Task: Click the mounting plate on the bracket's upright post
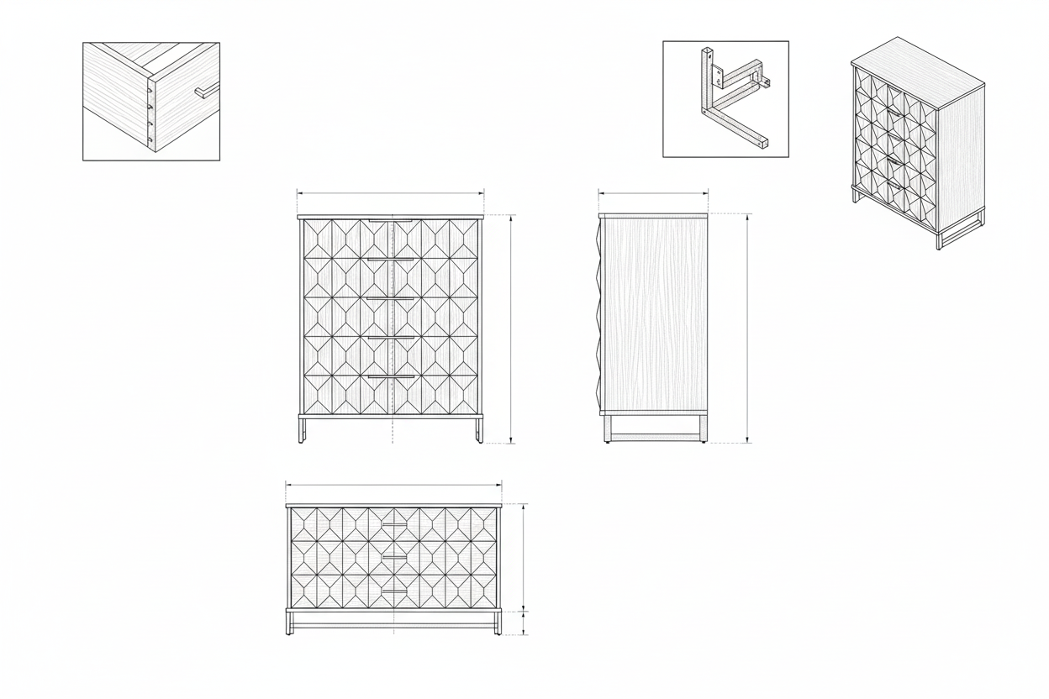715,72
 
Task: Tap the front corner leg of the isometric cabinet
939,239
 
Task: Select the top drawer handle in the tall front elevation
390,221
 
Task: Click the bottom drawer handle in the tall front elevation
390,377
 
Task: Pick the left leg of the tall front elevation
302,430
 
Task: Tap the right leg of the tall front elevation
479,430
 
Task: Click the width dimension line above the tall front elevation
390,193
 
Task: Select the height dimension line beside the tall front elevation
511,328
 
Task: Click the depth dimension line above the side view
653,193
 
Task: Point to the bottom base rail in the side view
656,437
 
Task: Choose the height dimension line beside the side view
747,328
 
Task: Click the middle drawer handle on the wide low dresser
393,557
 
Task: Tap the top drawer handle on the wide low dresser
393,524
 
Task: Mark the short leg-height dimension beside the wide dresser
524,623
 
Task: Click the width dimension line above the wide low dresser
393,484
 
